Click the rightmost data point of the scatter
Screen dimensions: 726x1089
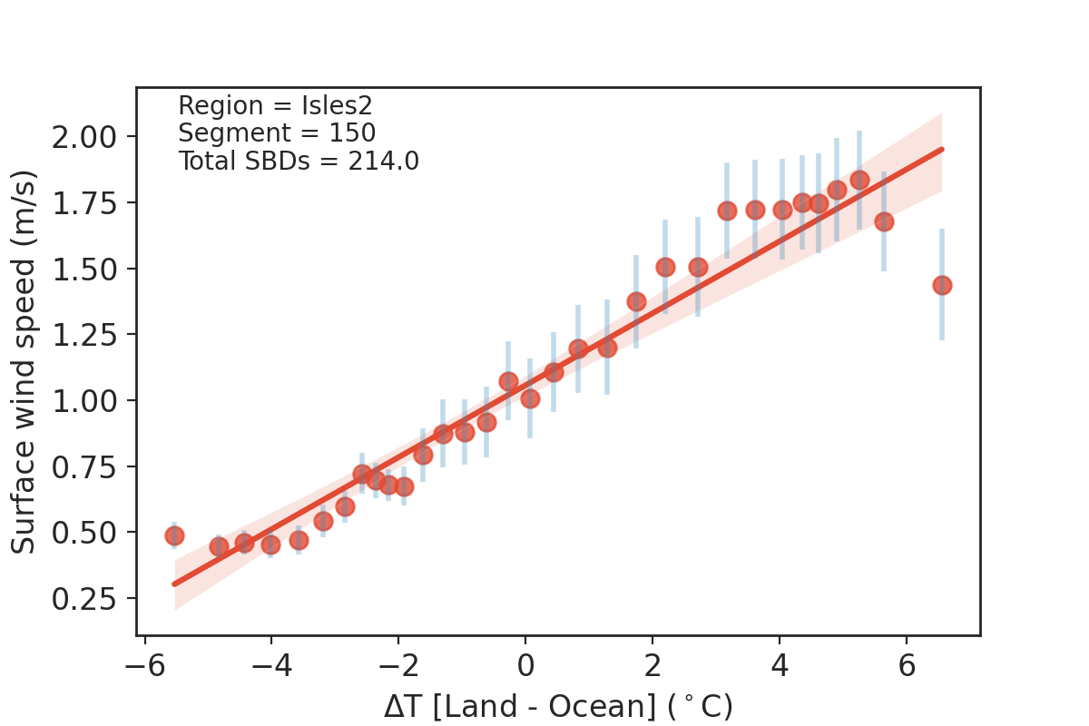(942, 285)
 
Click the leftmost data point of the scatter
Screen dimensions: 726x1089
(174, 535)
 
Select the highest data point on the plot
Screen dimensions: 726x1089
(859, 180)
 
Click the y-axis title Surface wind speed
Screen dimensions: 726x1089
(25, 361)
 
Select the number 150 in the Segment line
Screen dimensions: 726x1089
(353, 133)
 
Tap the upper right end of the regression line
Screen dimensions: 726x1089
(942, 149)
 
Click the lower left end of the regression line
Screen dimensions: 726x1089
(174, 584)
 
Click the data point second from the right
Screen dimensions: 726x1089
(884, 221)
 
